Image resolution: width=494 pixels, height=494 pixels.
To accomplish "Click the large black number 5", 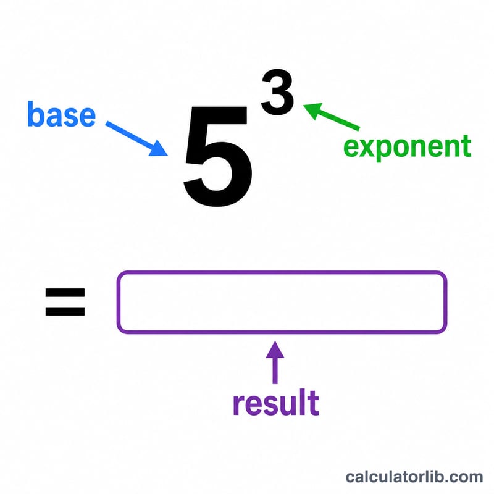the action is [218, 157].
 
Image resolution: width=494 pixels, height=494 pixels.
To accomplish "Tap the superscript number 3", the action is [277, 92].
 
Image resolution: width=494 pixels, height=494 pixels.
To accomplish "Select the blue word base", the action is [61, 114].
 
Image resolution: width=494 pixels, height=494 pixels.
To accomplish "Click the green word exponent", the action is [408, 146].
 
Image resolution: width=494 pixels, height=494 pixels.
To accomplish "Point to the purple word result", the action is [276, 403].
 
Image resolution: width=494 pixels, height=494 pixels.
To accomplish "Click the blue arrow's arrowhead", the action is [159, 148].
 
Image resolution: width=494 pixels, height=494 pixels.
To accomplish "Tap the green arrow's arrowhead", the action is [312, 111].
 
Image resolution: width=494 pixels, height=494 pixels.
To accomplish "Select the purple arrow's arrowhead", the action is [275, 350].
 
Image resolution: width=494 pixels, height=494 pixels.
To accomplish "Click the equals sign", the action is [65, 302].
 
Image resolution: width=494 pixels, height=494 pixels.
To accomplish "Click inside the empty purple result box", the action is [282, 302].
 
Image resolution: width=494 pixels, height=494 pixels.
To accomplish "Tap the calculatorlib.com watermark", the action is [414, 477].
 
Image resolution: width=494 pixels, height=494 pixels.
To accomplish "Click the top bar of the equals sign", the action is [65, 293].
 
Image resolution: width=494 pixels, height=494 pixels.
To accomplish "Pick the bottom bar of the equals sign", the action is [65, 311].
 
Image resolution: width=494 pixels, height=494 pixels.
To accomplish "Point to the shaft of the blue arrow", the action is [130, 135].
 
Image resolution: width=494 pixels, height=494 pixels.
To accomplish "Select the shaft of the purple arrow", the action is [275, 371].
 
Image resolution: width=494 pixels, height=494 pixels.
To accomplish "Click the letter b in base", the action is [35, 114].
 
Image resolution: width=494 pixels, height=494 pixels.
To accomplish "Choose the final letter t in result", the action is [314, 403].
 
